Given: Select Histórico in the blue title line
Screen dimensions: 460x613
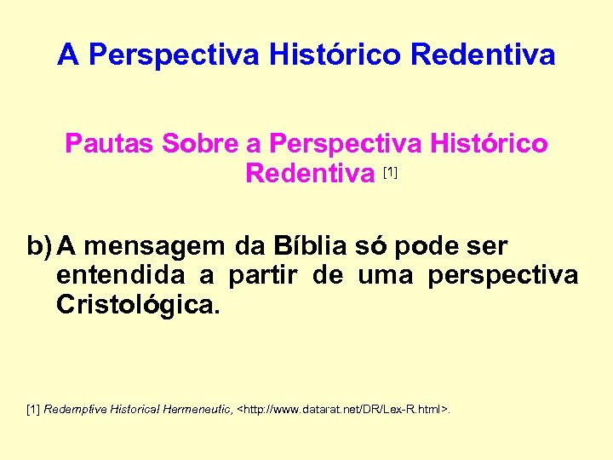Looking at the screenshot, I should (x=336, y=55).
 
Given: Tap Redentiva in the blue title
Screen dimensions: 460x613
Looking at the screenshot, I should (x=483, y=55).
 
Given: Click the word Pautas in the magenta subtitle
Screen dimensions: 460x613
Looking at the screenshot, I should (x=109, y=143).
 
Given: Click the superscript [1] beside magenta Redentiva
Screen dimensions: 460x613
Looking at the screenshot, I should (x=391, y=173).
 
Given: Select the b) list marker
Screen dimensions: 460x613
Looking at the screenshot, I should (x=40, y=247).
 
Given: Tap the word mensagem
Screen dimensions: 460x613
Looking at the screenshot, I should (x=157, y=247).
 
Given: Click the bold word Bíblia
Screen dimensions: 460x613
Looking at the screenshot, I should (x=310, y=247).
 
